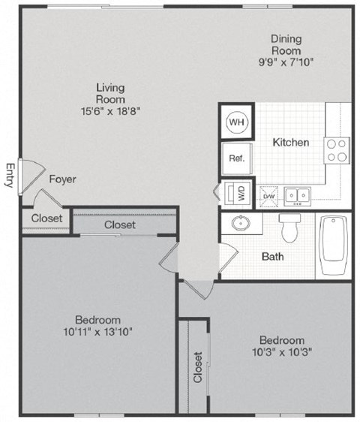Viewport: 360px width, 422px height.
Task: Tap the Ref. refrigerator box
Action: [x=237, y=158]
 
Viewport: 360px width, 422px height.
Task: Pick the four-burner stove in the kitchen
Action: [x=337, y=150]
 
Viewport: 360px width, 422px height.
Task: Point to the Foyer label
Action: [x=62, y=179]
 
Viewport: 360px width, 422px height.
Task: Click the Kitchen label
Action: [x=290, y=142]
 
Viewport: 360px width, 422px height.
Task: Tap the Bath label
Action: [x=272, y=256]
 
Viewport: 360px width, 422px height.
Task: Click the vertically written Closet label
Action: [x=198, y=367]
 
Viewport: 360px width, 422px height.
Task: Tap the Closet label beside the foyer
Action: [x=46, y=219]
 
